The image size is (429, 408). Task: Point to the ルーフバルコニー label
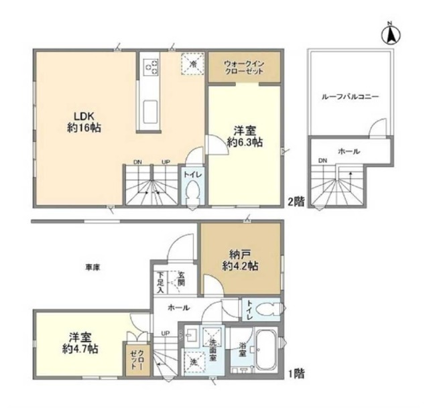pyautogui.click(x=351, y=96)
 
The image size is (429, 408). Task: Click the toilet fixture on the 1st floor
pyautogui.click(x=267, y=310)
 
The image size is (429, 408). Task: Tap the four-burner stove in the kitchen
pyautogui.click(x=151, y=66)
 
